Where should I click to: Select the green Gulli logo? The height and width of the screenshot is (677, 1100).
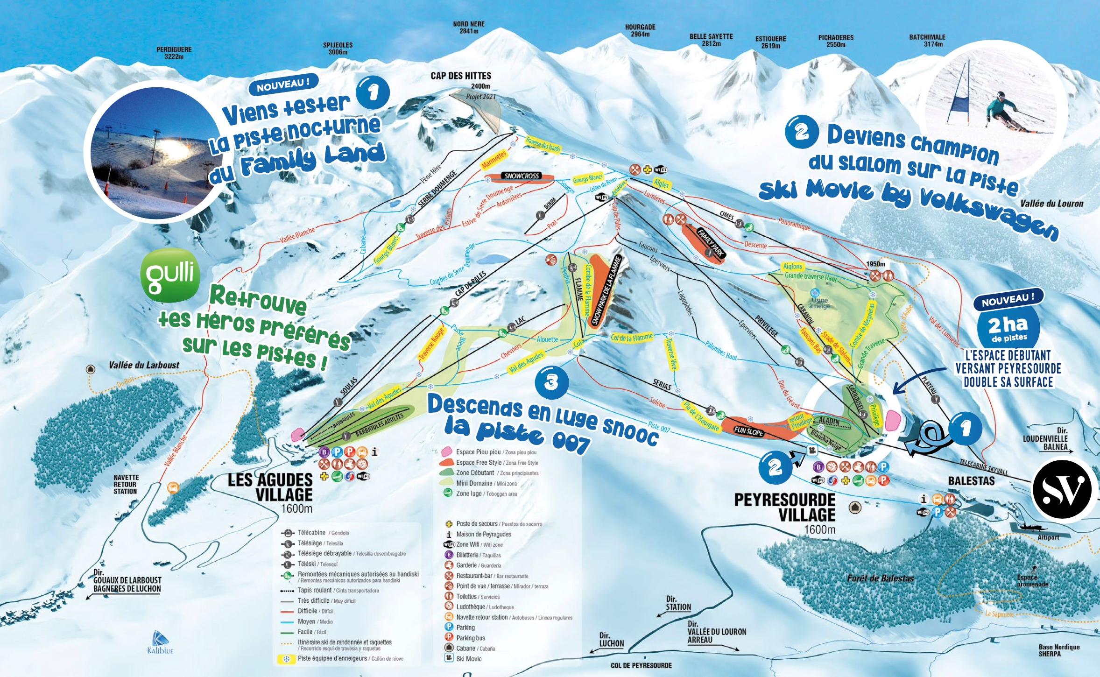point(170,275)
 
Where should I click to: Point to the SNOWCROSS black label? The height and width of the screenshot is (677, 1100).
point(522,176)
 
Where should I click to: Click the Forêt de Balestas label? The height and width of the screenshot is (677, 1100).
point(880,578)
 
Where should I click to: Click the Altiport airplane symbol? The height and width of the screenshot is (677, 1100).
point(1033,526)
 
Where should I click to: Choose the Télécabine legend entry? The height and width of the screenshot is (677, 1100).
point(317,533)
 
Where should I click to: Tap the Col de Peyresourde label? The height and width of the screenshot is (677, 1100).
point(641,665)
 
